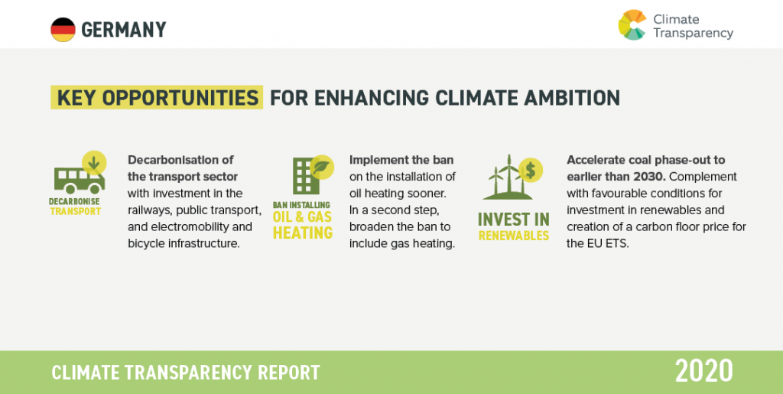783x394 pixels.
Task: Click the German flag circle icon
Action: pyautogui.click(x=63, y=30)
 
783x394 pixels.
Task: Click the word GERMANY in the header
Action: pyautogui.click(x=123, y=30)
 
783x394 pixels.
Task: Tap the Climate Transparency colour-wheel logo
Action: pyautogui.click(x=632, y=24)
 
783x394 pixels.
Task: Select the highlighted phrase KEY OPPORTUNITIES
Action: pyautogui.click(x=157, y=97)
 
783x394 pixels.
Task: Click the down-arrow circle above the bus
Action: pyautogui.click(x=94, y=162)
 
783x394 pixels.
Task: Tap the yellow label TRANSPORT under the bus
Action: pyautogui.click(x=76, y=211)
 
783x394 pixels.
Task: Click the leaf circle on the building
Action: pyautogui.click(x=322, y=167)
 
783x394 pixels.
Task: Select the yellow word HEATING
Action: pyautogui.click(x=303, y=233)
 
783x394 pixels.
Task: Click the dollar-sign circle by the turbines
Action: pyautogui.click(x=531, y=171)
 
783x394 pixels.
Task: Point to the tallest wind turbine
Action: pyautogui.click(x=508, y=174)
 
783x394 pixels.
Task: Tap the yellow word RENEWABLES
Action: pyautogui.click(x=514, y=236)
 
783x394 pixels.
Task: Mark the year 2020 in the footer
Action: pyautogui.click(x=703, y=371)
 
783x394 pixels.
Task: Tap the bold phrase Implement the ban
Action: pyautogui.click(x=401, y=160)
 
